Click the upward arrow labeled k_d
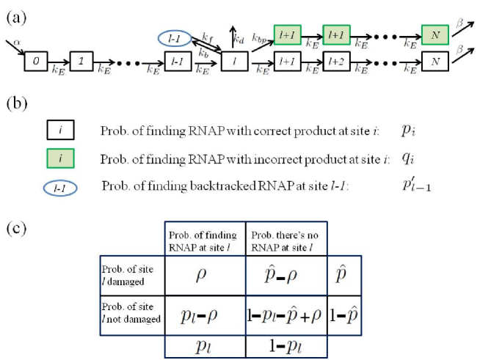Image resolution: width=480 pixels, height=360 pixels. (x=233, y=37)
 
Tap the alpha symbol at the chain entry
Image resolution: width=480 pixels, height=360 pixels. (x=17, y=43)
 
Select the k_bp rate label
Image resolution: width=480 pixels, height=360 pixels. (x=259, y=38)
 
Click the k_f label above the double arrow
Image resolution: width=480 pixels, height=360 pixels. (x=207, y=37)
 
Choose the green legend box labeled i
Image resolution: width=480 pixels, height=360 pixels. (x=60, y=158)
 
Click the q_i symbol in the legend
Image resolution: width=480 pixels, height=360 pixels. (x=408, y=158)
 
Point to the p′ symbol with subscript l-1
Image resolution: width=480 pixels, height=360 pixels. (x=417, y=185)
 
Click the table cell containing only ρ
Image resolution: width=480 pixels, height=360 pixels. (x=205, y=275)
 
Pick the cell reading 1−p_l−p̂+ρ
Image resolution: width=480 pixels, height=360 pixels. (x=286, y=315)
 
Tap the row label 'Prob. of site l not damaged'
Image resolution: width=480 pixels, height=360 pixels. (x=131, y=313)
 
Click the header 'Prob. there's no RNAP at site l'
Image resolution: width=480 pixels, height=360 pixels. (x=285, y=241)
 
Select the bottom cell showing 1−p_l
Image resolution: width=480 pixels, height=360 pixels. (x=286, y=346)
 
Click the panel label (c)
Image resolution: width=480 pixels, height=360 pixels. (x=16, y=229)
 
